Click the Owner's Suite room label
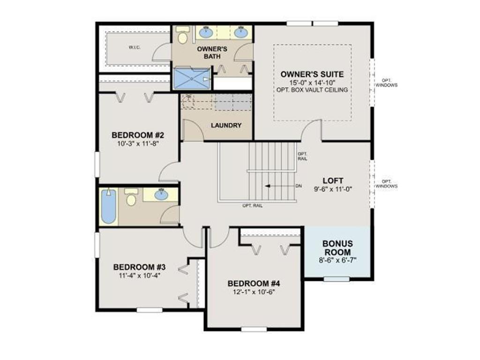pyautogui.click(x=312, y=74)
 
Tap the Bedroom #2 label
pyautogui.click(x=138, y=135)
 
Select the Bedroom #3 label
pyautogui.click(x=139, y=267)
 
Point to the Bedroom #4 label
pyautogui.click(x=254, y=284)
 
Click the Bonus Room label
pyautogui.click(x=337, y=248)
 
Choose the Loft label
pyautogui.click(x=333, y=180)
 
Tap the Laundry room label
pyautogui.click(x=226, y=125)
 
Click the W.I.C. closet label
pyautogui.click(x=135, y=47)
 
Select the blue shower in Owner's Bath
pyautogui.click(x=192, y=79)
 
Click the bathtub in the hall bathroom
pyautogui.click(x=109, y=206)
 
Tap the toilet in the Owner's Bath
pyautogui.click(x=183, y=35)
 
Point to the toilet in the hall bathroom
pyautogui.click(x=131, y=197)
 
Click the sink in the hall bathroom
pyautogui.click(x=161, y=195)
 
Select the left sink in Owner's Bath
pyautogui.click(x=207, y=31)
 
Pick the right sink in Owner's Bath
pyautogui.click(x=242, y=31)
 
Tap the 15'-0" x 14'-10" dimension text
pyautogui.click(x=312, y=82)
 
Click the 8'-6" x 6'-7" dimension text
pyautogui.click(x=337, y=260)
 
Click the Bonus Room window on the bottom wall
pyautogui.click(x=337, y=279)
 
